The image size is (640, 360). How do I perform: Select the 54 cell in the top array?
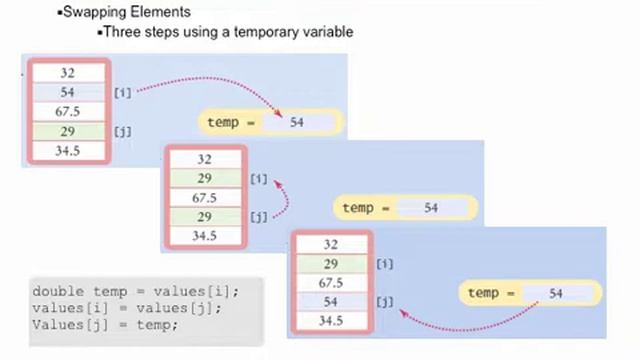tap(68, 92)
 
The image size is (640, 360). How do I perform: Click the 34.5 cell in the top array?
tap(68, 151)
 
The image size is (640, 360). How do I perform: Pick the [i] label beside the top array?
tap(122, 92)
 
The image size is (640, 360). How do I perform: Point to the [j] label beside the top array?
tap(122, 131)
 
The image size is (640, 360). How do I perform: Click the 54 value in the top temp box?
tap(297, 122)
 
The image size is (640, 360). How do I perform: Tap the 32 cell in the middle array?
tap(204, 159)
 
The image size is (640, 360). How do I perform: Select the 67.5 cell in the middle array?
tap(204, 198)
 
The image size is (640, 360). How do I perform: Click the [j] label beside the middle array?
tap(258, 217)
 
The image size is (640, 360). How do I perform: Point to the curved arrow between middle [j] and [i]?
tap(285, 197)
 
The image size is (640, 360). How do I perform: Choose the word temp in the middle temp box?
tap(357, 208)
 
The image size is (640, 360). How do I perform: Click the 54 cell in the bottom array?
tap(331, 302)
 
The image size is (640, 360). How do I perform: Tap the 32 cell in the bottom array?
tap(331, 244)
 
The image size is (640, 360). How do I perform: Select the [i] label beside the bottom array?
tap(385, 264)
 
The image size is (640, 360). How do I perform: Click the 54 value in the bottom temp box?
tap(556, 293)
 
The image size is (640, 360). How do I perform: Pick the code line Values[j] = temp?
tap(104, 324)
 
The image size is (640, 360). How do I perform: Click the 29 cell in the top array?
tap(68, 131)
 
